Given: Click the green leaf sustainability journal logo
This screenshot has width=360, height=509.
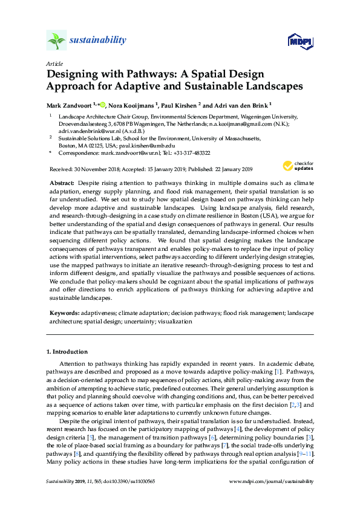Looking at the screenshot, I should [x=56, y=41].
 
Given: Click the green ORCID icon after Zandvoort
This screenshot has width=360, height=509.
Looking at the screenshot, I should [x=103, y=104].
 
